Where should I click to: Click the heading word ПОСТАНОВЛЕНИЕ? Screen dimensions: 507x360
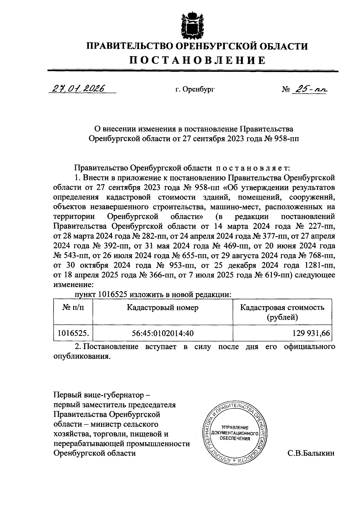[x=197, y=60]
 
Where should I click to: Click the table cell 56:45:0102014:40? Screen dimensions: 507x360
[x=163, y=333]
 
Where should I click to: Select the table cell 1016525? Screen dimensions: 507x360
[x=73, y=333]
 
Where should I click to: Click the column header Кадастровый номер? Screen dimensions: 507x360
[x=163, y=308]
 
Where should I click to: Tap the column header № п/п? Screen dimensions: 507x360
[x=73, y=308]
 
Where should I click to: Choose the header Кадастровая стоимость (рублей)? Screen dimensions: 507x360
[x=282, y=312]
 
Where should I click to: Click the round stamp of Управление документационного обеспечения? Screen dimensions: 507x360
[x=235, y=433]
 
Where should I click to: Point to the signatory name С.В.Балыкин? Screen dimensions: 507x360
[x=311, y=453]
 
